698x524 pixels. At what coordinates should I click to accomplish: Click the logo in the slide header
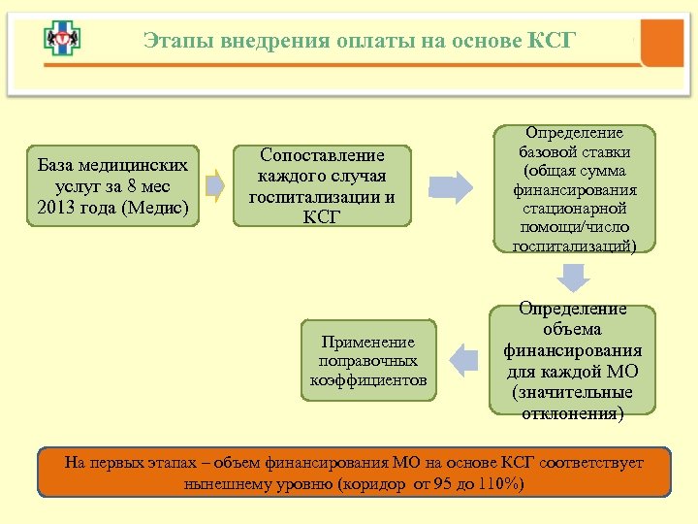62,39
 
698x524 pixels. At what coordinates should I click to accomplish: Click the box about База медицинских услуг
112,185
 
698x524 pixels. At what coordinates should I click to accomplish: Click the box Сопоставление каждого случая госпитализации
322,185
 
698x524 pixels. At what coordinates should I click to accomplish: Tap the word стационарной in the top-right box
574,208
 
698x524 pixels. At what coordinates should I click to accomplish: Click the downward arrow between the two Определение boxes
574,278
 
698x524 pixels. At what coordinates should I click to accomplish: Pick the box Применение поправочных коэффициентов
368,360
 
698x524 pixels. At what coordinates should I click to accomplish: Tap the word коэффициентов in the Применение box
368,379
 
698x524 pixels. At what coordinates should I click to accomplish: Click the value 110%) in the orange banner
500,483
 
